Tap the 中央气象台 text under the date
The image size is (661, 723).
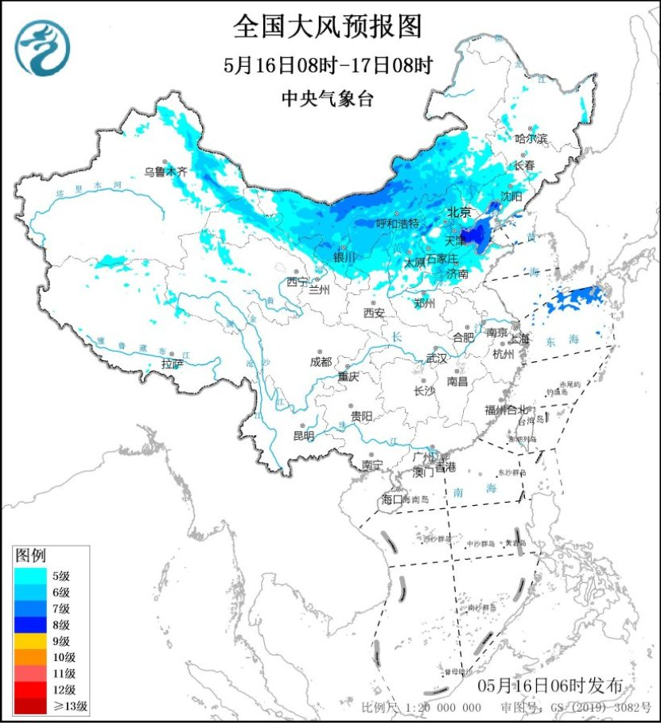tap(327, 99)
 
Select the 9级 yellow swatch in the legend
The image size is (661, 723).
tap(31, 641)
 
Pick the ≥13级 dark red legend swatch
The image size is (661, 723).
tap(31, 706)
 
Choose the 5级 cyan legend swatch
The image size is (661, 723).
tap(31, 576)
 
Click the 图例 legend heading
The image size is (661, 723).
tap(31, 554)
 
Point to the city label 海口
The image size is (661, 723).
tap(392, 499)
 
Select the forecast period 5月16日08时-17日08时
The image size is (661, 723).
tap(327, 65)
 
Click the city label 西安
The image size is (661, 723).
tap(374, 313)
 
